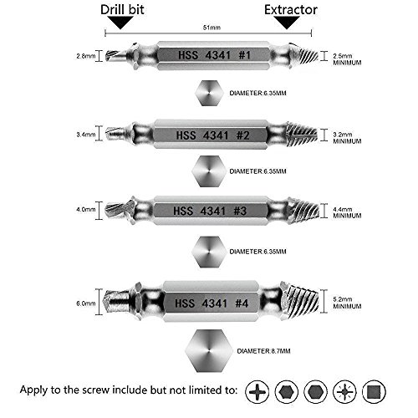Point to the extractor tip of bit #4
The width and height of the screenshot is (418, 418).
point(313,298)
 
